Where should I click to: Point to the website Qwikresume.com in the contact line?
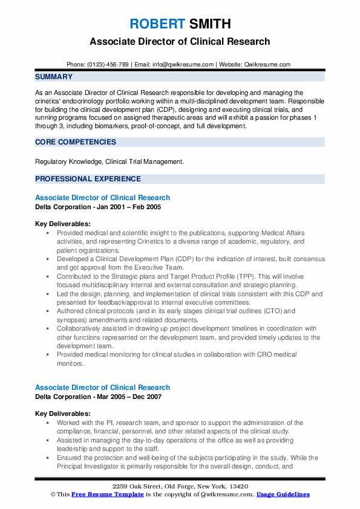point(267,64)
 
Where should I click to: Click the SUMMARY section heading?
point(54,77)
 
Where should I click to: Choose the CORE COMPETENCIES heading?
point(76,142)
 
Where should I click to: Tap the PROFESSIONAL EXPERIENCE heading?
point(88,179)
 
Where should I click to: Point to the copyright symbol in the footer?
point(52,494)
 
